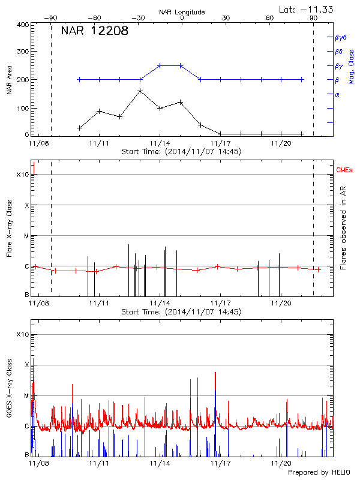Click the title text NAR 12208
coord(94,32)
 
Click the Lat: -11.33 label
coord(307,8)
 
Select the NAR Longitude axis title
coord(182,12)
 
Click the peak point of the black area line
coord(140,91)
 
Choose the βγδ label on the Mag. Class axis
coord(340,37)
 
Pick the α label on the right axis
coord(337,95)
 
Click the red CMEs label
coord(344,171)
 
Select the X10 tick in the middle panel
coord(22,175)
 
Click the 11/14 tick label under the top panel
coord(160,144)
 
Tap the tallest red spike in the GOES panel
coord(215,373)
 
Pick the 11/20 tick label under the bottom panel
coord(281,463)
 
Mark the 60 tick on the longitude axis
coord(270,19)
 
